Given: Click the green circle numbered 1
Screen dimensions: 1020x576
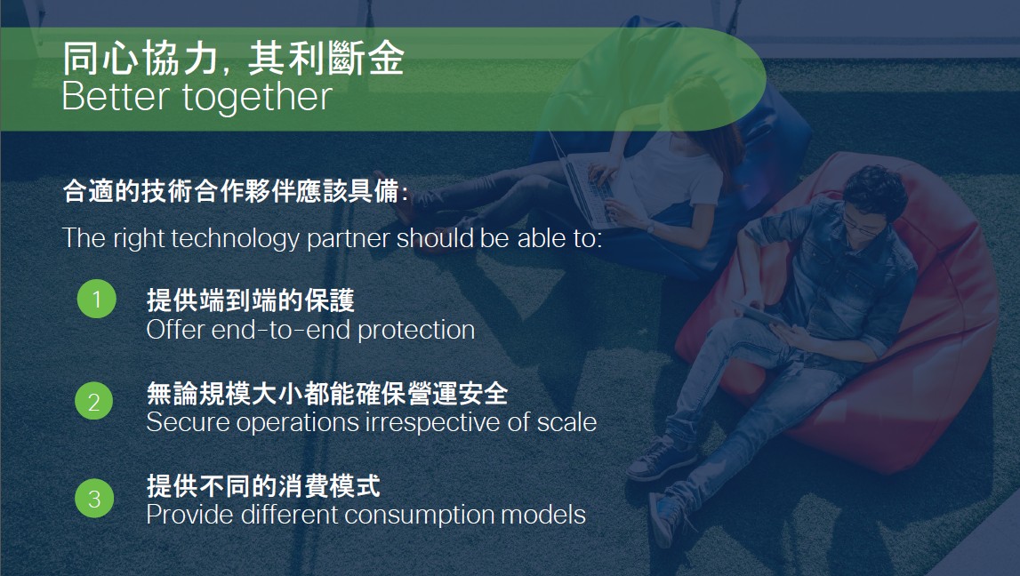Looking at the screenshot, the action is click(x=96, y=299).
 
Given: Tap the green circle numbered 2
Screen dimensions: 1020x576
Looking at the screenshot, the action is click(x=94, y=401).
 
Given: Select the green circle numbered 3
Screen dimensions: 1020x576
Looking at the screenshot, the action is click(x=94, y=498).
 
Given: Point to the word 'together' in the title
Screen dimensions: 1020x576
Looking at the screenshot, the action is click(x=258, y=98).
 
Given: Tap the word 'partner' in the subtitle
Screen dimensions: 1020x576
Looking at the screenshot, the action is click(x=348, y=239).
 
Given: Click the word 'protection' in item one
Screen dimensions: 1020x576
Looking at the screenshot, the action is click(x=416, y=331).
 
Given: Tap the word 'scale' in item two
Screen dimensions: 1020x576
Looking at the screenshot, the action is click(x=566, y=422).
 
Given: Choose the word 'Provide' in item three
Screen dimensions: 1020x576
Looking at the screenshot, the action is click(x=190, y=515).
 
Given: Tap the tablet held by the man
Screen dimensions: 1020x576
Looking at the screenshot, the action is click(x=758, y=314).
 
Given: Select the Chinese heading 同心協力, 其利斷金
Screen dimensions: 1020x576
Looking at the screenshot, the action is click(x=234, y=58).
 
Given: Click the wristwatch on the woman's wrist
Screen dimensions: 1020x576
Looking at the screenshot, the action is click(x=650, y=228).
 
